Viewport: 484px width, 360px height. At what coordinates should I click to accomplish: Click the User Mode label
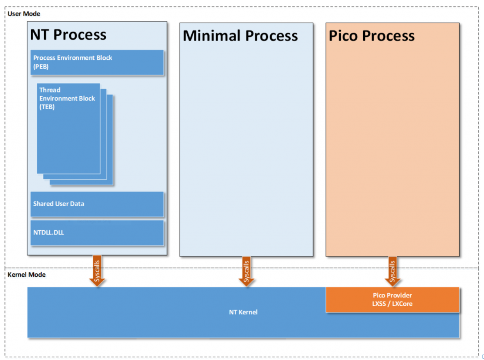click(24, 14)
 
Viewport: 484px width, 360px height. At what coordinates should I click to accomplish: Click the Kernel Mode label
click(27, 274)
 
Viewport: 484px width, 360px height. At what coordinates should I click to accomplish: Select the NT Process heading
click(68, 34)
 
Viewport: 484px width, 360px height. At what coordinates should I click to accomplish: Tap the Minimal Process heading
click(240, 36)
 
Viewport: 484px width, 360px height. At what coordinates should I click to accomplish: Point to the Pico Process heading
click(372, 36)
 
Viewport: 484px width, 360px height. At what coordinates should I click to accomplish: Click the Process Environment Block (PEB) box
click(97, 63)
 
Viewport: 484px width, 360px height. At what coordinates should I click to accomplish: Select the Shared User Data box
click(97, 204)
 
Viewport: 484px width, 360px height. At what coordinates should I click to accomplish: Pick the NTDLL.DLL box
click(97, 233)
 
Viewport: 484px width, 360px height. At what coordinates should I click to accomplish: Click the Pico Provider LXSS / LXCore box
click(393, 300)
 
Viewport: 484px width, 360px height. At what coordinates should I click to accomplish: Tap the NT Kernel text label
click(243, 312)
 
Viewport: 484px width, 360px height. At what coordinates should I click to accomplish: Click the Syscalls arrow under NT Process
click(97, 271)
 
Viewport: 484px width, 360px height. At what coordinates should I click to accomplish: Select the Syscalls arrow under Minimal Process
click(246, 271)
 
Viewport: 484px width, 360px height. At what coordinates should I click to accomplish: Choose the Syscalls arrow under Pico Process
click(393, 271)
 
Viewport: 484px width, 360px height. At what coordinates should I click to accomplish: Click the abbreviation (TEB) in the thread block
click(47, 107)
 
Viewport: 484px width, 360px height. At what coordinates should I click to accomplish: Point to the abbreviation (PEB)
click(41, 66)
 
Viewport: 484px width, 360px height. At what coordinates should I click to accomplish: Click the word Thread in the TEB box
click(50, 90)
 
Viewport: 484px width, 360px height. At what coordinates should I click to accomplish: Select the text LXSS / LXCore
click(392, 304)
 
